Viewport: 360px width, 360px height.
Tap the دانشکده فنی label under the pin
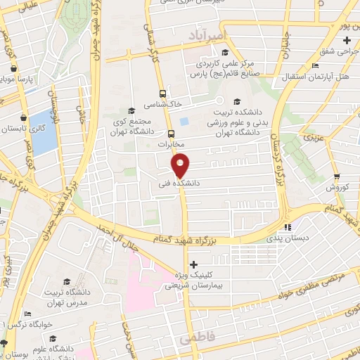[181, 182]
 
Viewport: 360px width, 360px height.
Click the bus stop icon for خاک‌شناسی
[162, 93]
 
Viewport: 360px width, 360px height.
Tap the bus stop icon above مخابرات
[172, 133]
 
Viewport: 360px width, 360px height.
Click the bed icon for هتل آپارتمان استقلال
[315, 65]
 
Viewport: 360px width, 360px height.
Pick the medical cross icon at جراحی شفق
[346, 41]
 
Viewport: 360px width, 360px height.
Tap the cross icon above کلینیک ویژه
[194, 264]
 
